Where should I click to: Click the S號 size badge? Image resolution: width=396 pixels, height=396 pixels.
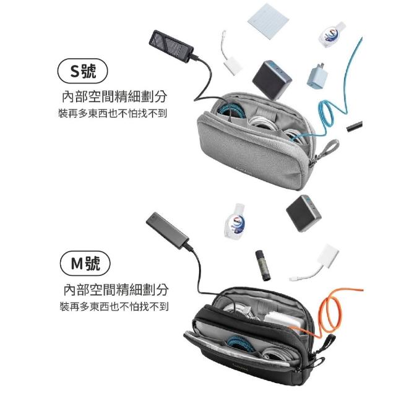click(x=82, y=71)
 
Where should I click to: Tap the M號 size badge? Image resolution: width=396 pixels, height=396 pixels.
click(x=85, y=263)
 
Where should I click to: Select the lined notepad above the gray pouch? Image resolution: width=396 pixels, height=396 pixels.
click(x=268, y=20)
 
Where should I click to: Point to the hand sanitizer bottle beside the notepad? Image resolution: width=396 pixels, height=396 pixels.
click(x=331, y=35)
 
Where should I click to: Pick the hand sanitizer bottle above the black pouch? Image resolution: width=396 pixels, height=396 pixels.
click(x=235, y=222)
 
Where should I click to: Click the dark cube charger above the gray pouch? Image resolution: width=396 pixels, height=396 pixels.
click(x=272, y=80)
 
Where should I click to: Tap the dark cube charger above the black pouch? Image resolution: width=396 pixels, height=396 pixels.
click(x=304, y=213)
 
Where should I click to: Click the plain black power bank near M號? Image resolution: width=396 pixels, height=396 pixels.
click(x=167, y=231)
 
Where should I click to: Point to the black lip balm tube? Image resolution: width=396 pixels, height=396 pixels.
click(x=263, y=265)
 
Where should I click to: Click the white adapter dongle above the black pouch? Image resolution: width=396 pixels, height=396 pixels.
click(x=315, y=263)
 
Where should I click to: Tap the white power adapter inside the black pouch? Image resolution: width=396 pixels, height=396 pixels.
click(x=283, y=321)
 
